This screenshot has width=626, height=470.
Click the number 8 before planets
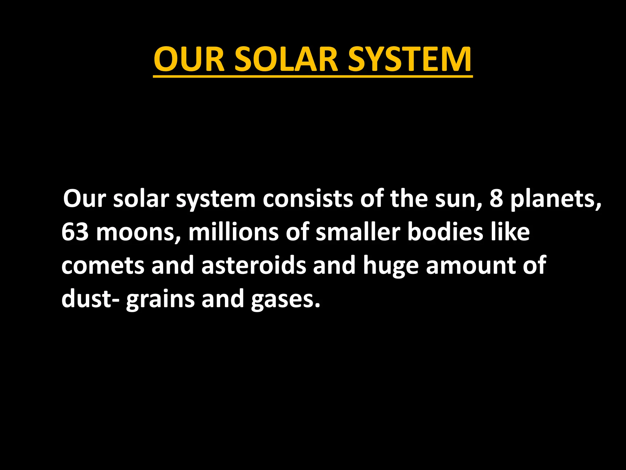tap(496, 199)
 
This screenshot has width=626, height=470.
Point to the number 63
tap(75, 232)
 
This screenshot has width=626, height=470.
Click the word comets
tap(102, 266)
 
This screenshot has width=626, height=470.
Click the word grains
tap(160, 299)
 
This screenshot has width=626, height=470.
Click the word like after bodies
tap(510, 232)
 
